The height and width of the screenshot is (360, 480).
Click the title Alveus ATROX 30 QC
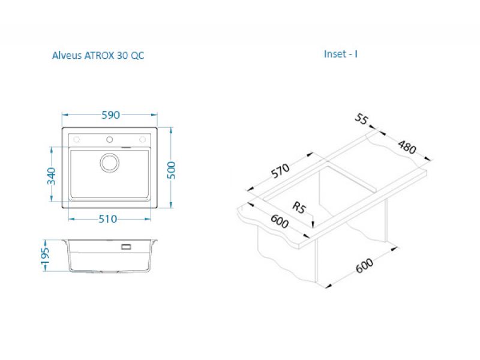pos(98,55)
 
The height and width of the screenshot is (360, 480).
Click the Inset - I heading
pos(341,54)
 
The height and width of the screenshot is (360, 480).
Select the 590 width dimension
pos(110,115)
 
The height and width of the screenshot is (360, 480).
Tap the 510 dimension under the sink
pos(108,219)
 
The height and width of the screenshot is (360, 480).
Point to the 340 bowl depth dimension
pos(52,176)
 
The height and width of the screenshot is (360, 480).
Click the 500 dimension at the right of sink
pos(171,170)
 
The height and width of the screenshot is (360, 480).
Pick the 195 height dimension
pos(45,256)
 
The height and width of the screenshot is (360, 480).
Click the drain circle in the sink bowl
pos(110,163)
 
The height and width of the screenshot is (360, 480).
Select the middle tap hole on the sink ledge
pos(109,140)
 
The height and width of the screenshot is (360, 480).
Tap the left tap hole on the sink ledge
pos(77,140)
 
